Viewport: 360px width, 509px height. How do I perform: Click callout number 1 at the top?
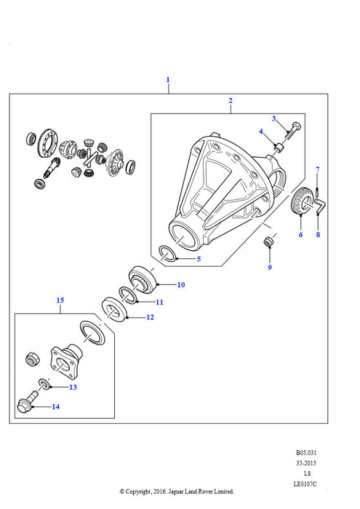click(x=168, y=79)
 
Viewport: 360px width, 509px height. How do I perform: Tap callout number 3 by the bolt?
click(x=274, y=118)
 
